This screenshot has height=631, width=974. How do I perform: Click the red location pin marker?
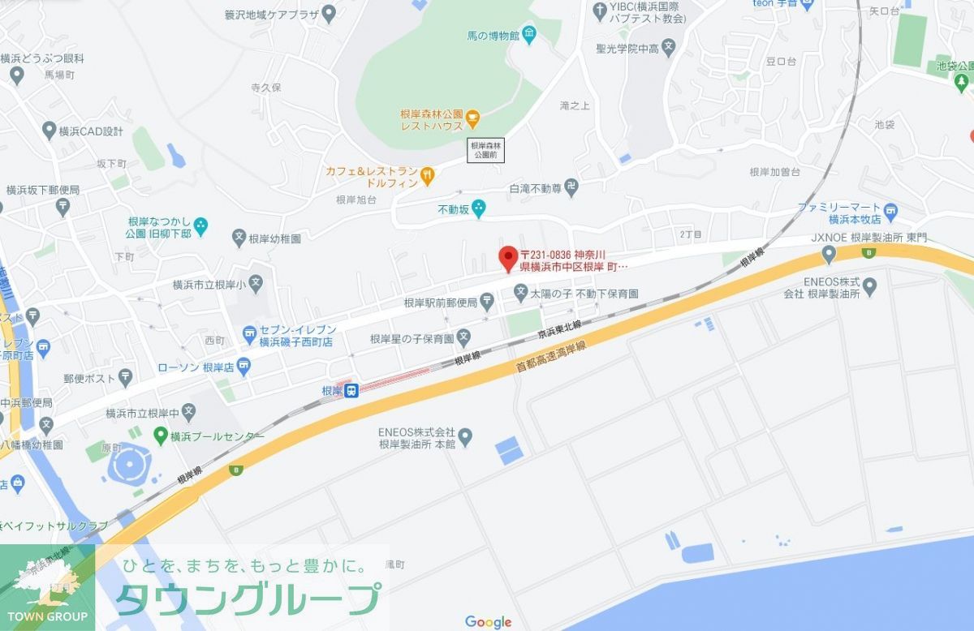click(x=507, y=258)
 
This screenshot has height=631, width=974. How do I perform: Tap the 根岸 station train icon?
click(x=351, y=391)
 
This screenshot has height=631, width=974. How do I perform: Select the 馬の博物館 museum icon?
click(x=529, y=34)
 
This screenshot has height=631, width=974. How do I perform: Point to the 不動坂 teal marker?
click(x=479, y=208)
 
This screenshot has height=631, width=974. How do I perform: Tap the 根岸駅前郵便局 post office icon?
click(x=486, y=303)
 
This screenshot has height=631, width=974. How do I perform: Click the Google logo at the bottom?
click(x=488, y=622)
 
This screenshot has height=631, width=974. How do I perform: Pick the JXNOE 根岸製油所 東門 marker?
click(x=829, y=255)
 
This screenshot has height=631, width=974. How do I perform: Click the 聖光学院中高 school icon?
click(x=668, y=47)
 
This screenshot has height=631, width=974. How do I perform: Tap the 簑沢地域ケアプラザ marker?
click(x=329, y=13)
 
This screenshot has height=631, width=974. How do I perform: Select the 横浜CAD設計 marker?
click(x=48, y=131)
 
